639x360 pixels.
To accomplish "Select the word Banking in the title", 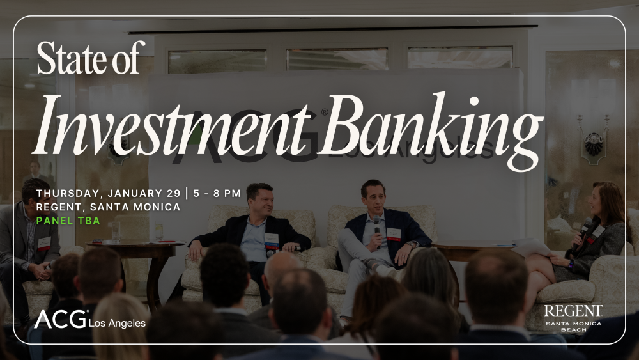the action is click(431, 130).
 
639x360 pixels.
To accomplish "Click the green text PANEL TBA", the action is click(68, 221).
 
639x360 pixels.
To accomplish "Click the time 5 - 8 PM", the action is click(217, 193).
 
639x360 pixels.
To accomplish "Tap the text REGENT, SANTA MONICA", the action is click(108, 207).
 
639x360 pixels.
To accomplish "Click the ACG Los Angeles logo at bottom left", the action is click(89, 319).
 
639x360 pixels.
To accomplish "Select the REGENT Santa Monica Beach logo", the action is click(573, 318).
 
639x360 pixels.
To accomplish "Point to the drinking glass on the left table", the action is click(116, 232).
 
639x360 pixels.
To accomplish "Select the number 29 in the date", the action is click(173, 193).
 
